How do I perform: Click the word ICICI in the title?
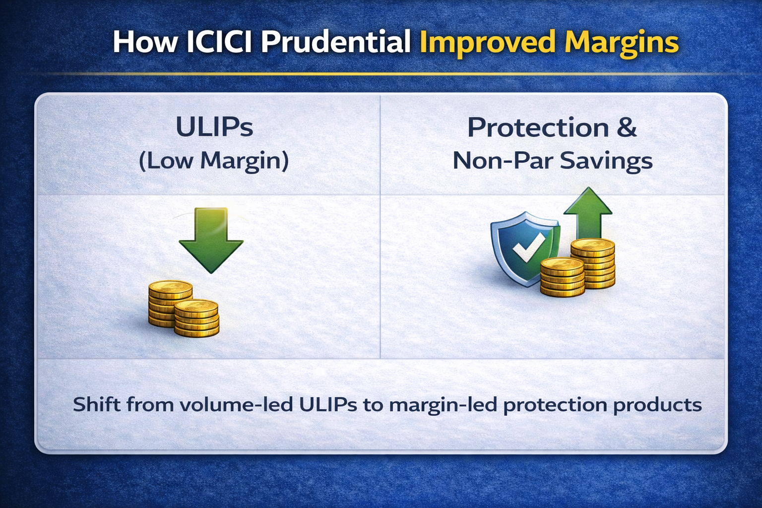click(x=219, y=42)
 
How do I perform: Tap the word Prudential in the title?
click(x=336, y=42)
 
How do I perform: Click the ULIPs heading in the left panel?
click(x=214, y=127)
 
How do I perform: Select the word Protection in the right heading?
click(x=538, y=127)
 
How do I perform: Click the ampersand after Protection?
click(x=626, y=127)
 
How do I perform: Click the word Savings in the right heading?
click(x=606, y=161)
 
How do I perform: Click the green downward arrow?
click(x=211, y=240)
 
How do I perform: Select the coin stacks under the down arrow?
click(x=184, y=309)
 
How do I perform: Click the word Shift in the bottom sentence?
click(x=97, y=404)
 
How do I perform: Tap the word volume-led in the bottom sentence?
click(x=237, y=404)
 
